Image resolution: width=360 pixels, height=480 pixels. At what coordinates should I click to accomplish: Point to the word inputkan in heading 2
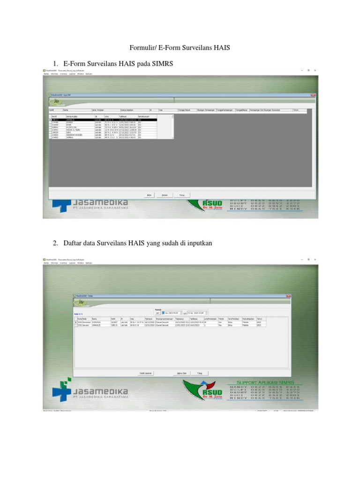tap(199, 242)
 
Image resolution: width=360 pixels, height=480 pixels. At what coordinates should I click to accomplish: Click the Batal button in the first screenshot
tap(149, 195)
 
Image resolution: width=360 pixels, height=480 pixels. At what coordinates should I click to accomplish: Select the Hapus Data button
tap(176, 373)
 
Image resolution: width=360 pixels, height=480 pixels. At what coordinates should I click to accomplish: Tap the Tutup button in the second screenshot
tap(199, 373)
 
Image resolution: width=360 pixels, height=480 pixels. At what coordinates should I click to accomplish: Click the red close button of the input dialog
tap(313, 95)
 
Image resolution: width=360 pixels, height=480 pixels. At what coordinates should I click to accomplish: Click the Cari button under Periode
tap(158, 313)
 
